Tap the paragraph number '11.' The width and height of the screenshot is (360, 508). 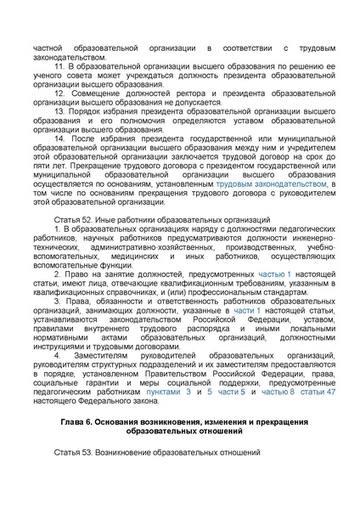[59, 65]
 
